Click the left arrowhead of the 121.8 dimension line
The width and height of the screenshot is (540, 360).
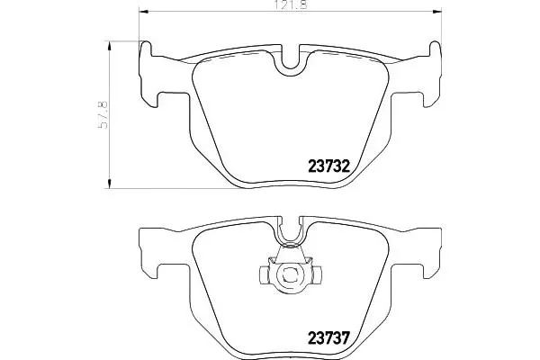point(147,12)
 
